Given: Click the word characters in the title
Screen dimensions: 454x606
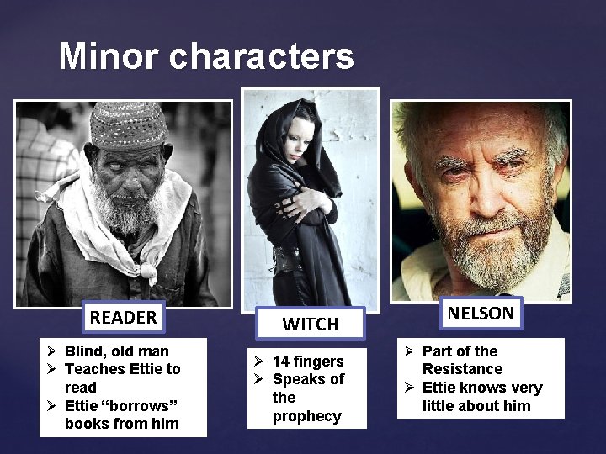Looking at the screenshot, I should pos(262,56).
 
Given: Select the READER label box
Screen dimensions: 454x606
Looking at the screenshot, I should pos(123,318).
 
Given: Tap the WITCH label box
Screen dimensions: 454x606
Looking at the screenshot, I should pos(310,324).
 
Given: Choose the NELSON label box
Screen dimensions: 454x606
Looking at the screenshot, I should pos(481,314).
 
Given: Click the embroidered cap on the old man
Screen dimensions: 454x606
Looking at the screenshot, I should pos(128,125).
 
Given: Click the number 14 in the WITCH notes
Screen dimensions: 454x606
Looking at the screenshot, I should pos(282,362).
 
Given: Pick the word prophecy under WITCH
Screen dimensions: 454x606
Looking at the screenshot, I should pos(306,416).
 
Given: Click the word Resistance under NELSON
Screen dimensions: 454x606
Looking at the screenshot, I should pos(462,369).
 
